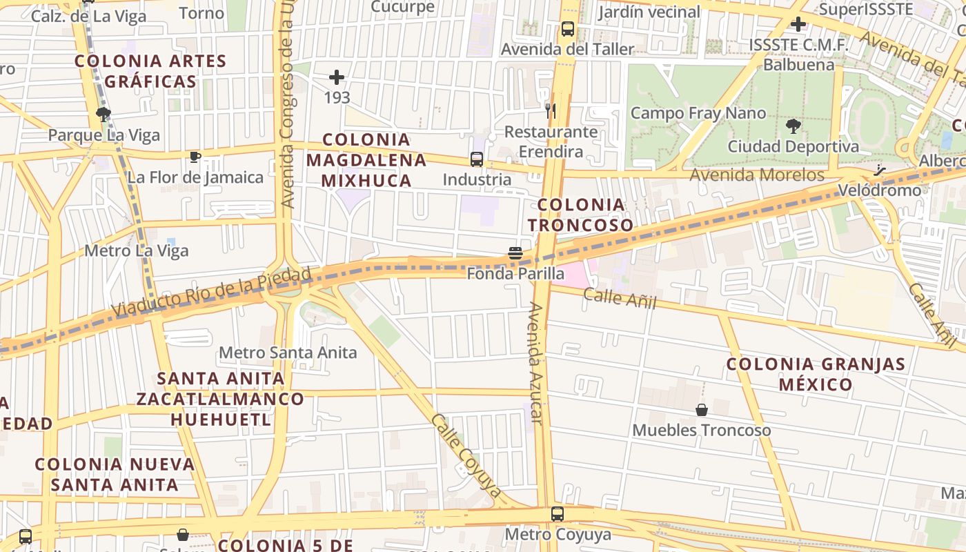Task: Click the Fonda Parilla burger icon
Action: click(515, 253)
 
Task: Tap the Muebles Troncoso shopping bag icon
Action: click(702, 410)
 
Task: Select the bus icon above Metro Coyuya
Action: click(558, 514)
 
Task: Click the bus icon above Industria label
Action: click(477, 159)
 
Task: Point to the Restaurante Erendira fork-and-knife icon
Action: click(550, 110)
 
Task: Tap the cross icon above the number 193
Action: click(337, 77)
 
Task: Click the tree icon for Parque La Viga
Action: click(103, 115)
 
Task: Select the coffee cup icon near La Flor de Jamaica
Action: click(195, 157)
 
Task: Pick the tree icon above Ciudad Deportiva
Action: click(793, 126)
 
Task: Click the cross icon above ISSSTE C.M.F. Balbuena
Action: click(798, 25)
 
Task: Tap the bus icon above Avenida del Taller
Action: click(568, 29)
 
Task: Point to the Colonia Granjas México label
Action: click(816, 374)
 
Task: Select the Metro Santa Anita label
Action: click(288, 353)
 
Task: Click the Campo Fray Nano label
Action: click(698, 113)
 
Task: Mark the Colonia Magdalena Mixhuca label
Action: click(366, 160)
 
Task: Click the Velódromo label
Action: click(879, 190)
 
